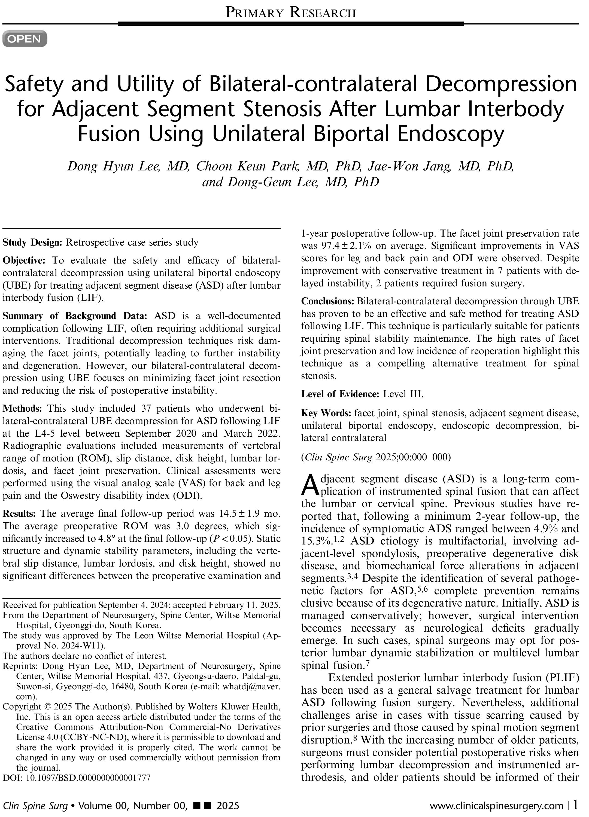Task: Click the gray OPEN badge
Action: pos(25,39)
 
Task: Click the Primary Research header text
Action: pos(290,13)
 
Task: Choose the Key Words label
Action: pos(326,413)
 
